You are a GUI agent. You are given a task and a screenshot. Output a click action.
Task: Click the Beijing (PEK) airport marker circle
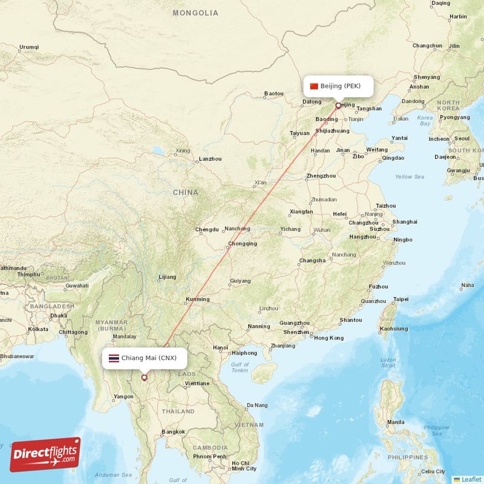coord(338,105)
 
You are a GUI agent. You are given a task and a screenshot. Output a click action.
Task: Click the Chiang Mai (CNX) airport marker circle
coord(144,378)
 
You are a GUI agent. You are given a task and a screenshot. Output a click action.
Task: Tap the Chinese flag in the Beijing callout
coord(313,86)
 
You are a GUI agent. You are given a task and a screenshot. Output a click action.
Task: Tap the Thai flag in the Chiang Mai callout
coord(113,358)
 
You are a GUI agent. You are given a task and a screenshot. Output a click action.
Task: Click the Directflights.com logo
coord(45,454)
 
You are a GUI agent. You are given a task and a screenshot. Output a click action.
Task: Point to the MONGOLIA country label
coord(195,13)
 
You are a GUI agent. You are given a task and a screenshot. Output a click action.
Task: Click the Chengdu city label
coord(207,229)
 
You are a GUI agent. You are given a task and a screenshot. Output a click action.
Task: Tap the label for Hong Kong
coord(329,338)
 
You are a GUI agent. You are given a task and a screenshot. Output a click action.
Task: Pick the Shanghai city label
coord(405,222)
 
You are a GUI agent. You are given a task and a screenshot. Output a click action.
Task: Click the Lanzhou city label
coord(210,159)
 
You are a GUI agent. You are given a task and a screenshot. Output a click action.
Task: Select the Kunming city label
coord(198,299)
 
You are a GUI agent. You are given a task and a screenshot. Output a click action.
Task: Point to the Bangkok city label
coord(172,432)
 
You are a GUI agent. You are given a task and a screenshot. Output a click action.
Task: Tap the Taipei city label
coord(401,299)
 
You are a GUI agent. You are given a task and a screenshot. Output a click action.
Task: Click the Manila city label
coord(396,422)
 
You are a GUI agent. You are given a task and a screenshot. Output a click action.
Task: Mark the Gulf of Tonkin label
coord(240,367)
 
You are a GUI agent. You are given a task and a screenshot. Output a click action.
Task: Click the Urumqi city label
coord(28,47)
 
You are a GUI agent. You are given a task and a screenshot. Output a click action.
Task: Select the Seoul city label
coord(460,139)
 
